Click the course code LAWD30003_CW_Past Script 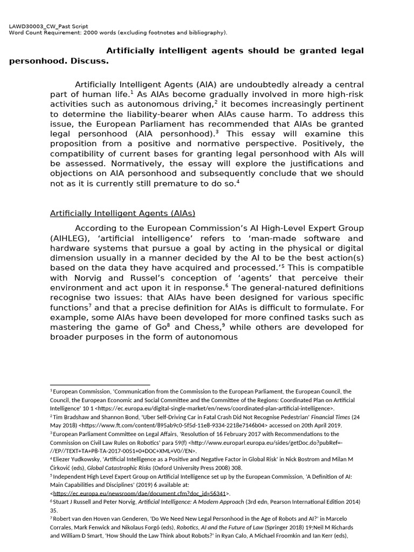click(49, 26)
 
